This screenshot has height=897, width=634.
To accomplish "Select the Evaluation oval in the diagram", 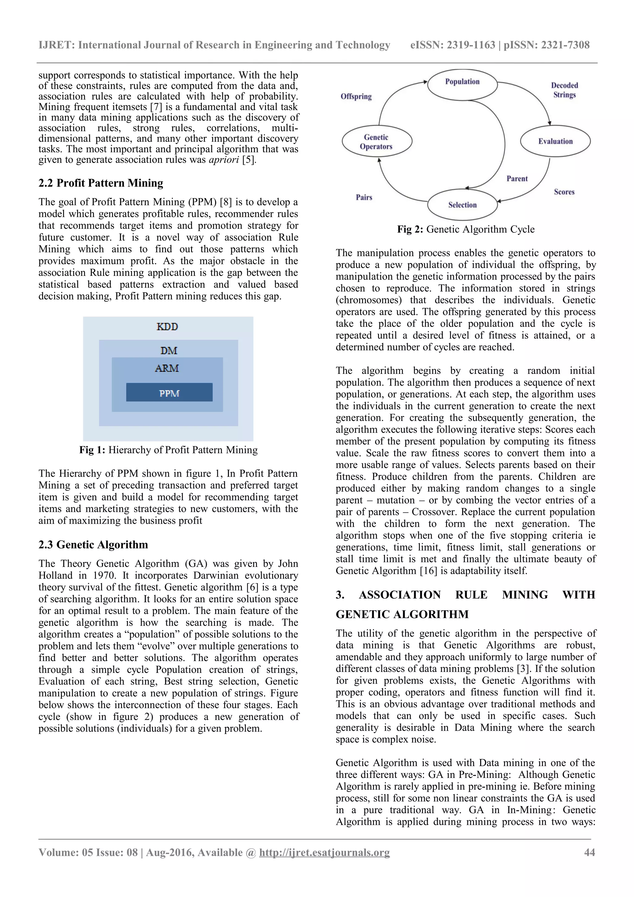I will [555, 141].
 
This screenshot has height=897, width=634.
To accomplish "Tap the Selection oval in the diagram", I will [462, 205].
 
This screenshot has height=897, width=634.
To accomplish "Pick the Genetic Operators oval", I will [376, 142].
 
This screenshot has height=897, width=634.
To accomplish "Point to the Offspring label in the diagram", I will [356, 97].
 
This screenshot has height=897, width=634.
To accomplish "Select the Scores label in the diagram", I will [564, 192].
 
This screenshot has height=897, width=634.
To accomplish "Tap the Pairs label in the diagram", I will [364, 197].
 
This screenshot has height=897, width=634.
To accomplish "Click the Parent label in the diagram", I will [517, 179].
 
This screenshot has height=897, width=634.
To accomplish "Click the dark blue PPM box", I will [169, 393].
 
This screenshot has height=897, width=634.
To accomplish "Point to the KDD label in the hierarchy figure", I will [167, 327].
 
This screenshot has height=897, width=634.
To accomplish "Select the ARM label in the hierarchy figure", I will [167, 368].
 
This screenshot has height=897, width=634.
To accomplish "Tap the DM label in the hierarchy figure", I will [169, 350].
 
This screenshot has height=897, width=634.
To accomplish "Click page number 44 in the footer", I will [589, 852].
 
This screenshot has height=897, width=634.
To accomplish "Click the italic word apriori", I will [224, 160].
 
